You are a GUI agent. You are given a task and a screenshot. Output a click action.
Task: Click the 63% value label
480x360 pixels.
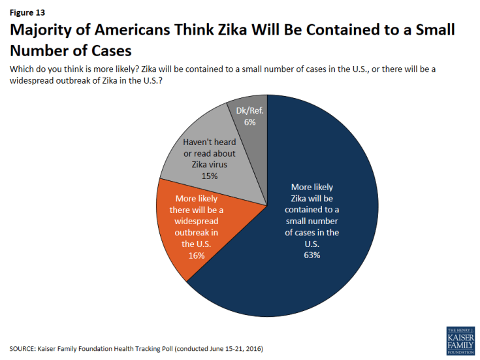pos(312,255)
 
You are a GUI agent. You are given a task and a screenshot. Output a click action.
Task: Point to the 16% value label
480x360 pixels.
pos(197,255)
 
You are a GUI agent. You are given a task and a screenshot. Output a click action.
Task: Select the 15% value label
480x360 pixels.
pos(210,176)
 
